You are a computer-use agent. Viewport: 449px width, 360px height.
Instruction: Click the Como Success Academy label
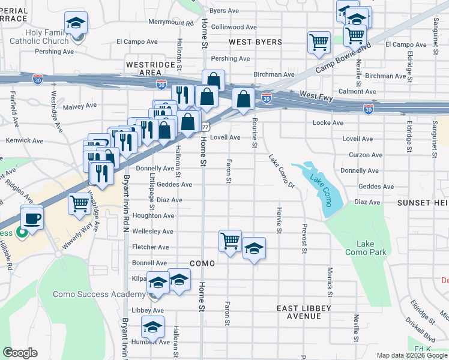[x=99, y=294]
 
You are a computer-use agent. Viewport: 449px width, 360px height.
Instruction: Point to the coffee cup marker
[x=32, y=217]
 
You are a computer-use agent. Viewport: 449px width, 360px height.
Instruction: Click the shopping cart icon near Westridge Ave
[x=79, y=203]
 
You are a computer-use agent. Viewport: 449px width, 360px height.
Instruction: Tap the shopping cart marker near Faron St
[x=230, y=241]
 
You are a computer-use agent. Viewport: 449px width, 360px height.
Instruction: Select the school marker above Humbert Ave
[x=153, y=327]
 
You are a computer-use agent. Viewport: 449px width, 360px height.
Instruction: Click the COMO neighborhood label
[x=202, y=263]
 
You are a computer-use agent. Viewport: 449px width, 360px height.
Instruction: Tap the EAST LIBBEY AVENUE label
[x=299, y=312]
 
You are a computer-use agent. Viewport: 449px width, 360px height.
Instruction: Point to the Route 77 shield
[x=205, y=127]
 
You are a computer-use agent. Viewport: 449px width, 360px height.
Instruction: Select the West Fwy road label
[x=316, y=96]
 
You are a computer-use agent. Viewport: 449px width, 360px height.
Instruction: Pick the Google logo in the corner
[x=20, y=353]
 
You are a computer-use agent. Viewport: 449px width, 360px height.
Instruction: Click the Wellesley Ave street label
[x=152, y=231]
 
